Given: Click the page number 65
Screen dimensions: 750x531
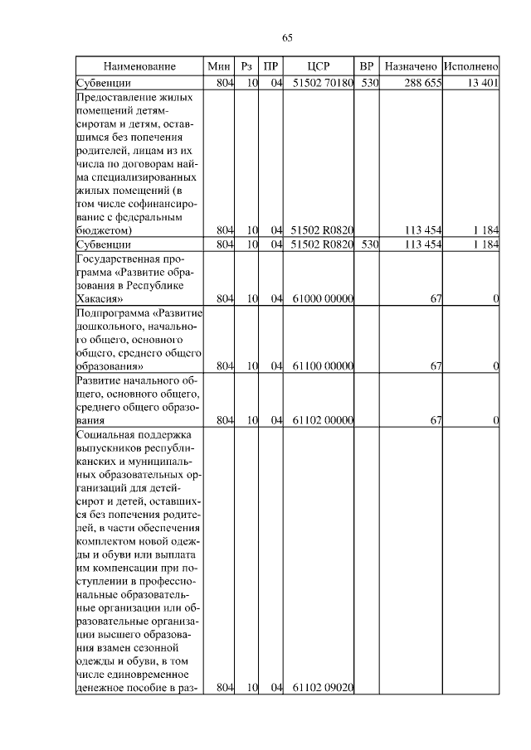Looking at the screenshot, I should pos(288,37).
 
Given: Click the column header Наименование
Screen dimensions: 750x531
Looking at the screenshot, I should pos(139,65).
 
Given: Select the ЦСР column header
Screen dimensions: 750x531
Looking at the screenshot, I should pos(319,65).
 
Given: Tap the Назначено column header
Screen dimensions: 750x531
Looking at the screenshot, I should pos(411,65).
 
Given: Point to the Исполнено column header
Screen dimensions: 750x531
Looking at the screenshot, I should pos(470,65).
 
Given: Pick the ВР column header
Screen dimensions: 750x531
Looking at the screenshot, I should pos(367,65).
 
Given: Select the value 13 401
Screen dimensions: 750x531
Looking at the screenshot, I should pos(482,82).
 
